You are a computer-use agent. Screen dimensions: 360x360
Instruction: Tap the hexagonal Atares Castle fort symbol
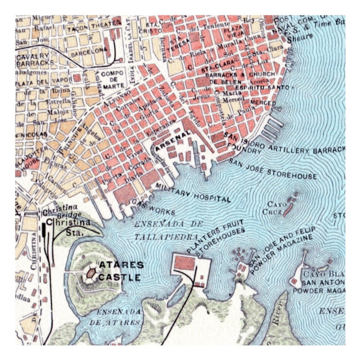[91, 273]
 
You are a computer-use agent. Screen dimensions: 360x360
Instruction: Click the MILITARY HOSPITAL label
[193, 193]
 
